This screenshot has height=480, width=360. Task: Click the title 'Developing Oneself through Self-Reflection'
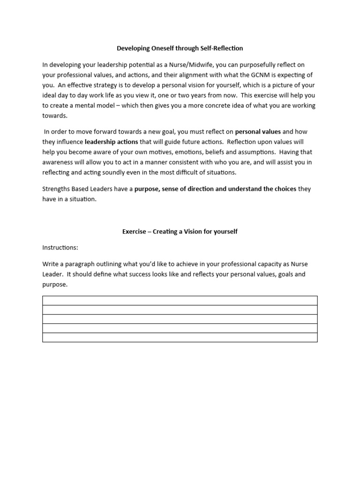click(180, 48)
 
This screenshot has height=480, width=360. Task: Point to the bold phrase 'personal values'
click(258, 132)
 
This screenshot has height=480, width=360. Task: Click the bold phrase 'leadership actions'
click(111, 142)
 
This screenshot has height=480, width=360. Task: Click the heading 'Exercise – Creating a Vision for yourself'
click(180, 232)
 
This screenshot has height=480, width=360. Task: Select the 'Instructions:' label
click(60, 247)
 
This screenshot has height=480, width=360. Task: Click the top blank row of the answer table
click(180, 300)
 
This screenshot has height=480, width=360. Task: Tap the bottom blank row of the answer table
click(180, 337)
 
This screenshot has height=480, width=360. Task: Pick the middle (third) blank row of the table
click(180, 319)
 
